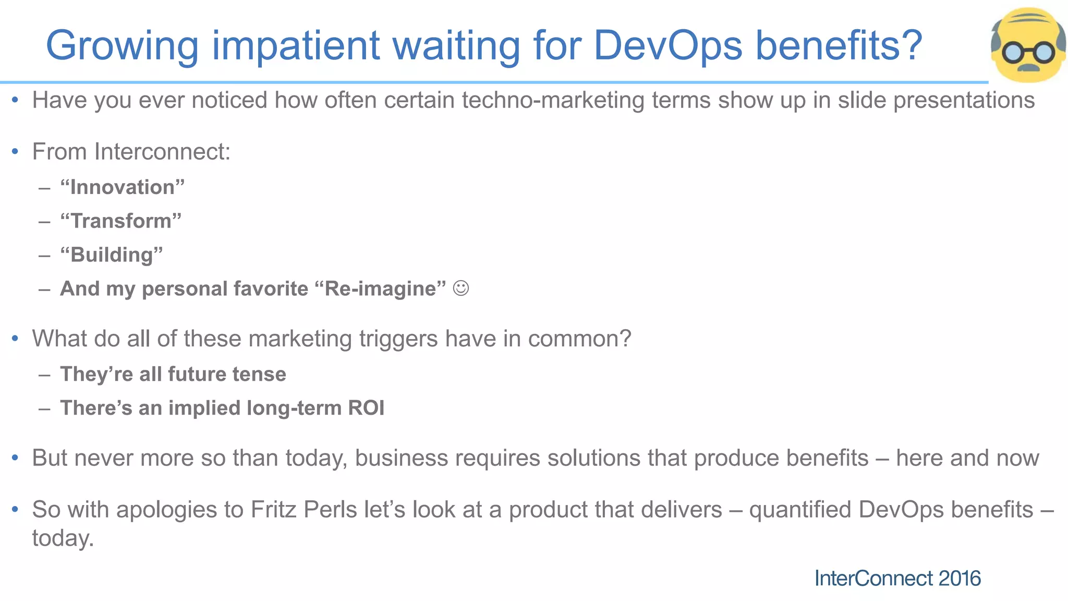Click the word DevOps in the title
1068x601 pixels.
[668, 46]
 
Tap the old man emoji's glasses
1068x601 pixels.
[1028, 52]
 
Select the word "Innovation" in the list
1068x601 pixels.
[123, 187]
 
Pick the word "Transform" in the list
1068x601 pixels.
[121, 221]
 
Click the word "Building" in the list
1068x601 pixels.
[112, 255]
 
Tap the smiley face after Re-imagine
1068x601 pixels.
[461, 288]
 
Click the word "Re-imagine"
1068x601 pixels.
[381, 289]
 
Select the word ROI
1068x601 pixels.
[366, 408]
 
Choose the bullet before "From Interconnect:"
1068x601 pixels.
[15, 152]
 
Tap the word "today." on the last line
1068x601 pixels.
[63, 538]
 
